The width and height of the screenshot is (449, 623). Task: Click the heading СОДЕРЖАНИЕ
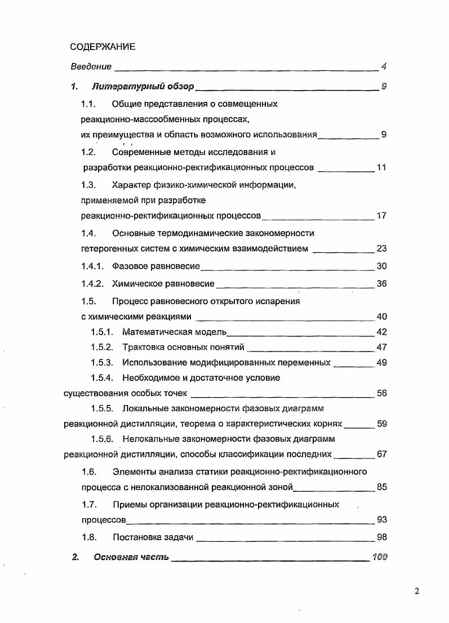(x=103, y=47)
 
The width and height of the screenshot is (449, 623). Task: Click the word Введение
(x=91, y=66)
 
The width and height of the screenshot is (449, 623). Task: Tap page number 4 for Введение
(x=383, y=66)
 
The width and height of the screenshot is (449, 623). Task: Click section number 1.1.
(x=88, y=104)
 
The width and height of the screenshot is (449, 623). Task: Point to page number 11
(x=381, y=168)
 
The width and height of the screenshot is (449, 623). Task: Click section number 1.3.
(x=88, y=185)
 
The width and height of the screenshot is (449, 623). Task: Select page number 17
(x=381, y=216)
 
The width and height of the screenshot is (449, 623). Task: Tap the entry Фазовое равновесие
(x=156, y=266)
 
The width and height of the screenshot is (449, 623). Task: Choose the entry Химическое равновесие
(x=163, y=284)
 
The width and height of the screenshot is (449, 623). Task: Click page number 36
(x=381, y=284)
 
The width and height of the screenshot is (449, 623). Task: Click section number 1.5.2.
(x=102, y=348)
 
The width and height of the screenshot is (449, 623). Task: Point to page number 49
(x=381, y=363)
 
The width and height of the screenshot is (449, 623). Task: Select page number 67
(x=381, y=455)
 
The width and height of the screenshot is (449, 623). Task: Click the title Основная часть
(x=131, y=558)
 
